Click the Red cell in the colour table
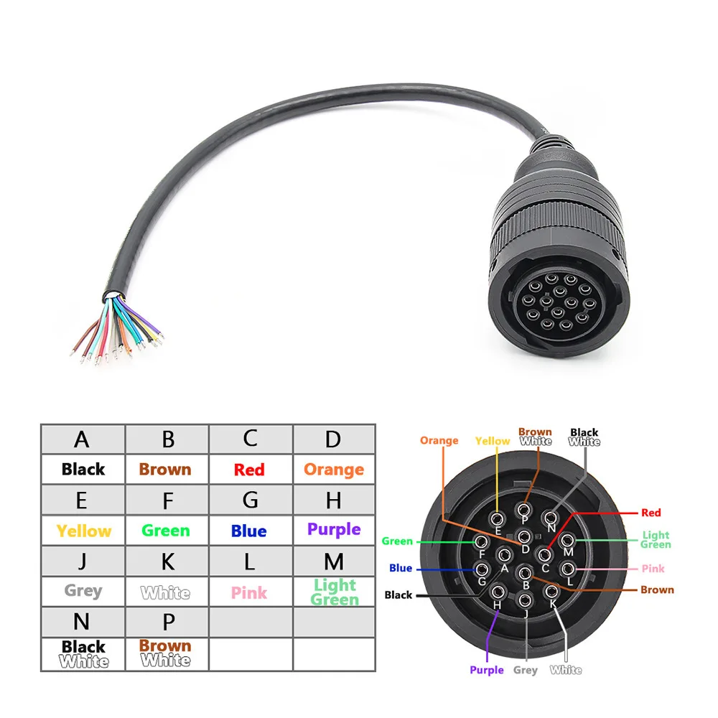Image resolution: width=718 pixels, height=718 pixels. [x=249, y=470]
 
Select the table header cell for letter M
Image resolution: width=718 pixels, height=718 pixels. [x=334, y=561]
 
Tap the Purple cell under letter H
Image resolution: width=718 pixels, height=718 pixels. [x=334, y=530]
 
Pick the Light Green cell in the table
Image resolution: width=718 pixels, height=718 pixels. [x=334, y=592]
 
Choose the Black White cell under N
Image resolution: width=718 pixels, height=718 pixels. [x=83, y=654]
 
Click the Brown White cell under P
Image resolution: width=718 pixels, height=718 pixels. [x=167, y=654]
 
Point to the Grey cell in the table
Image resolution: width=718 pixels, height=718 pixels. [x=83, y=592]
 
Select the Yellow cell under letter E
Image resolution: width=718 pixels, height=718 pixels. [x=83, y=531]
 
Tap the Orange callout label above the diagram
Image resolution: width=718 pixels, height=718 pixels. [x=439, y=441]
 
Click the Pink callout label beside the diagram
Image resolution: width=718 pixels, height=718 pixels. [x=653, y=569]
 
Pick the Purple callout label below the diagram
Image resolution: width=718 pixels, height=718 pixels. [x=487, y=670]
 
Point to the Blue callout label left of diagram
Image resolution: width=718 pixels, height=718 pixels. [x=401, y=568]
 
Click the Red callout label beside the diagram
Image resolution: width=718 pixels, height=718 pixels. [x=651, y=513]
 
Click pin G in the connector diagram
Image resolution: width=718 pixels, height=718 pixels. [x=482, y=570]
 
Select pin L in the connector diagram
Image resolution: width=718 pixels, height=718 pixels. [x=570, y=571]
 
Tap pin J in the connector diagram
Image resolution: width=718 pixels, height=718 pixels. [x=526, y=600]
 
